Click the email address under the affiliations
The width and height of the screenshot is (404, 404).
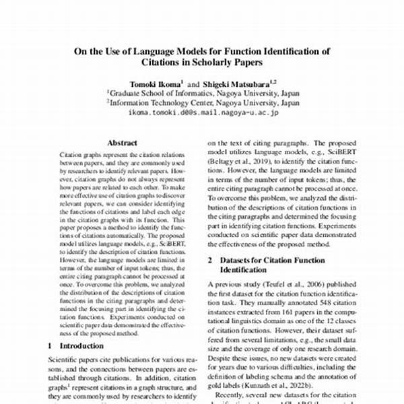203,112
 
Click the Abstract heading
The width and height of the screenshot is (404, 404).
122,143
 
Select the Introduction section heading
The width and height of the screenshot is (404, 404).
86,345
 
